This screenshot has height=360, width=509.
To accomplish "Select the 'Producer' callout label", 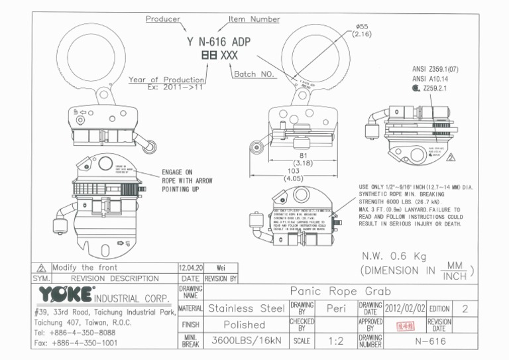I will pos(162,19).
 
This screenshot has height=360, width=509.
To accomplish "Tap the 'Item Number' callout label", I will pos(254,19).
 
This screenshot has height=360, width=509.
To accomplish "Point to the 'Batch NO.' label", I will pos(255,74).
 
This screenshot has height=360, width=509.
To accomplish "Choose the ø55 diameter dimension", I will pos(363,27).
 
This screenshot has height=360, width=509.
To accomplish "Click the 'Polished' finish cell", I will pos(243,326).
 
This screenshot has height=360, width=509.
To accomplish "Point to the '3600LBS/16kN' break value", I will pos(245,341).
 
